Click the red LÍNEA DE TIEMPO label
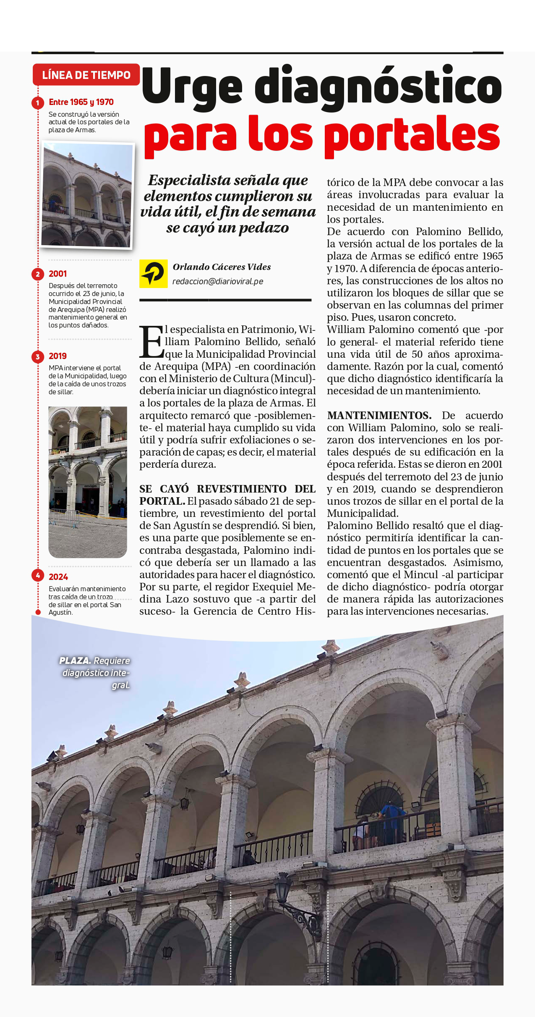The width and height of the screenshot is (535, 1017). tap(86, 75)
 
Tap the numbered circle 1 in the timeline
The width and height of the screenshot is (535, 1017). tap(38, 102)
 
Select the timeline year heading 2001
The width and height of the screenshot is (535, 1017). tap(57, 274)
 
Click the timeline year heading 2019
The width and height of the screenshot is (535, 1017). tap(57, 356)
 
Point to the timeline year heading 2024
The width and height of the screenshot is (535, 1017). tap(58, 577)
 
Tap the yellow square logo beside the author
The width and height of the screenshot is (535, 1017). tap(153, 273)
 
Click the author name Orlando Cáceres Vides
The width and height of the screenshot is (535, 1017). tap(222, 267)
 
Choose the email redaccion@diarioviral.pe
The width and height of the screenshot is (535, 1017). tap(218, 281)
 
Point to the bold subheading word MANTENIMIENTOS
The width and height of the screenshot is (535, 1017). tap(379, 416)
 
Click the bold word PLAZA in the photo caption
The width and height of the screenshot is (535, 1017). tap(75, 661)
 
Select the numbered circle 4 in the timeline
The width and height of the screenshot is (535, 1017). tap(38, 576)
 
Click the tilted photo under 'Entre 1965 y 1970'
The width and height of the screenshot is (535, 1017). tap(87, 195)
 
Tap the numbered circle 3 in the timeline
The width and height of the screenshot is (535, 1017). tap(38, 357)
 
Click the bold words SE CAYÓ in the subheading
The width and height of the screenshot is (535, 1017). tap(164, 489)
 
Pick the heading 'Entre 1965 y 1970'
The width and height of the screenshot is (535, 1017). tap(81, 102)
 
